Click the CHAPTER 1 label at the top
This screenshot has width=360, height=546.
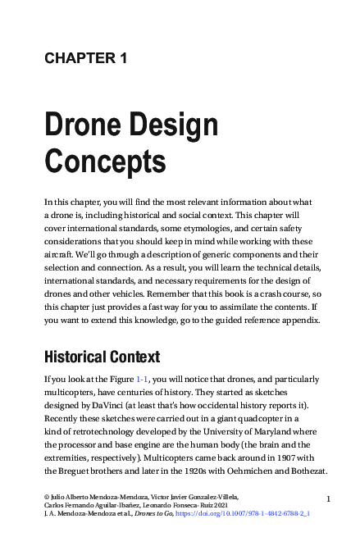coord(85,57)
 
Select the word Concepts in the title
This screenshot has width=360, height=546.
coord(105,162)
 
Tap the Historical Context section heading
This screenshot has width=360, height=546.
coord(102,357)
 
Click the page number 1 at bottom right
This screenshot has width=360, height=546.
coord(328,498)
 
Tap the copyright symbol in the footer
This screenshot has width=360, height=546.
coord(47,497)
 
